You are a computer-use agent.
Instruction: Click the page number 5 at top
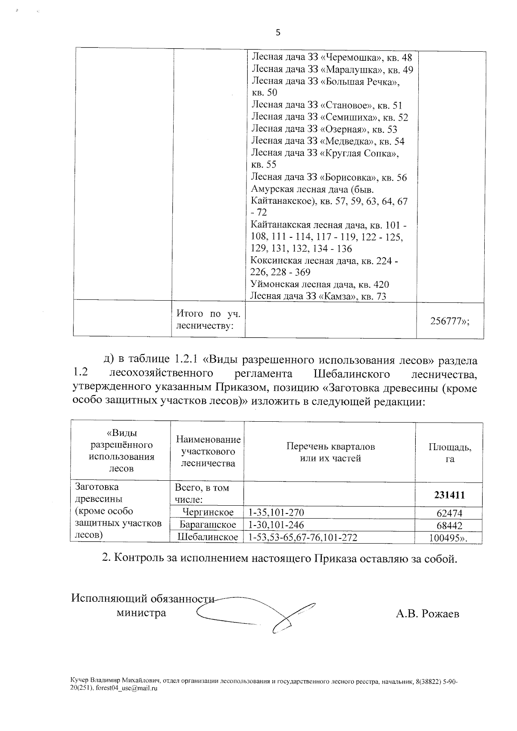(278, 33)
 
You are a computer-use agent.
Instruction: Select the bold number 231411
(448, 495)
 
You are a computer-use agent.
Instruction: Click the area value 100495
(448, 538)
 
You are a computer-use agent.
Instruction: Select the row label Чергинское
(208, 513)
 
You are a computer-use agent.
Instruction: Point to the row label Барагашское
(208, 525)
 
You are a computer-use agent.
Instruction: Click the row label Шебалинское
(208, 537)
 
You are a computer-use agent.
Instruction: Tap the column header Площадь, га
(449, 453)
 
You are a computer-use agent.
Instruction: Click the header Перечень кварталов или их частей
(330, 452)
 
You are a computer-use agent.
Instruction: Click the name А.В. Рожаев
(427, 613)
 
